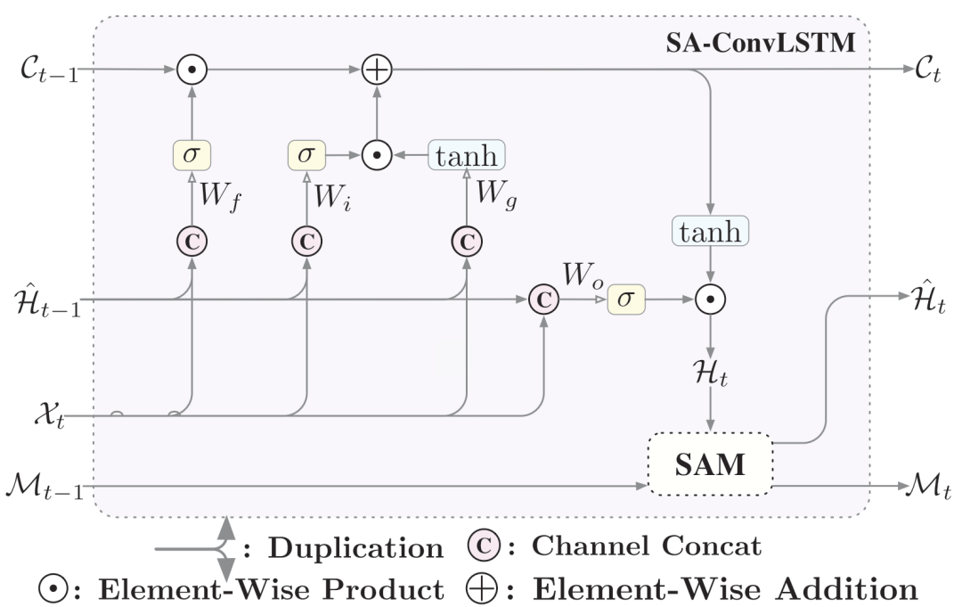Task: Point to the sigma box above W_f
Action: pos(192,153)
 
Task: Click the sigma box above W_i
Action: pos(306,153)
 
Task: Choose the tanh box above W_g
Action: pos(466,153)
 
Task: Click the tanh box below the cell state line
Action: pos(711,232)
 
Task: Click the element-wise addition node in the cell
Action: pos(378,70)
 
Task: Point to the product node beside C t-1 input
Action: pos(192,70)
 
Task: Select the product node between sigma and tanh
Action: pos(378,153)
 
